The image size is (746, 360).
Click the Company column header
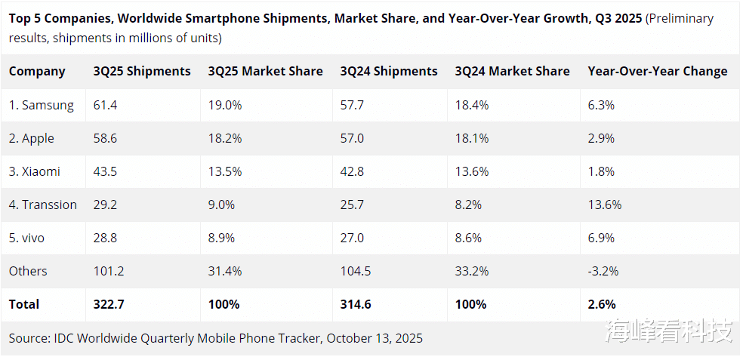(37, 72)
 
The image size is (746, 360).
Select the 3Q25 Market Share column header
(265, 72)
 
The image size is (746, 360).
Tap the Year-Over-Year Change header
(657, 72)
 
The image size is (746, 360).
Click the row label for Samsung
(42, 106)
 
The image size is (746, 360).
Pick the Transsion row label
(43, 205)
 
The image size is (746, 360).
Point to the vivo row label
(26, 238)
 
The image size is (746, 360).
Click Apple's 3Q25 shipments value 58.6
(105, 139)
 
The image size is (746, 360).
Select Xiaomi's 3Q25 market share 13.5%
(225, 171)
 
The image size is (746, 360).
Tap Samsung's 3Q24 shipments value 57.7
(352, 106)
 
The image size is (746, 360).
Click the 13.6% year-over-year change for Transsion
(604, 205)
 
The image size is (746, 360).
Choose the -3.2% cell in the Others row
(603, 271)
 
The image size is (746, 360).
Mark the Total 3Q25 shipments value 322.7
(109, 304)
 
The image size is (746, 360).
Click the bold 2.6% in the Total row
(602, 304)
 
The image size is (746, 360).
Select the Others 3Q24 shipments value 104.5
(356, 271)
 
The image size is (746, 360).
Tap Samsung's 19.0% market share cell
(225, 106)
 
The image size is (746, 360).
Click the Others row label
(28, 271)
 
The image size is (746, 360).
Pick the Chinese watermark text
(668, 330)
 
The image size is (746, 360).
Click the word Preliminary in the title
(680, 18)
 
